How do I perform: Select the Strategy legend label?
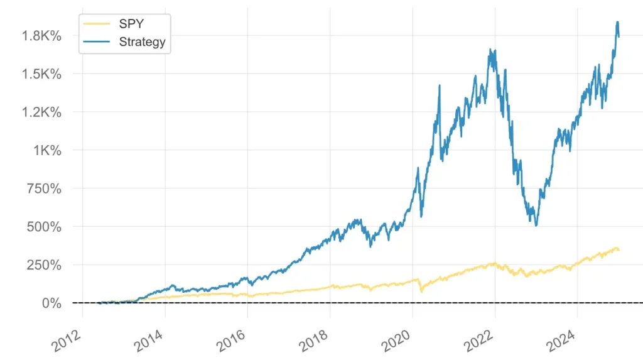click(x=142, y=42)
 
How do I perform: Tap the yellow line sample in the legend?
click(x=97, y=25)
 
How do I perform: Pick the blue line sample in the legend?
click(x=97, y=42)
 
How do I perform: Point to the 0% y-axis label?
click(x=52, y=303)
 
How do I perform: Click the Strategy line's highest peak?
click(x=617, y=22)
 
